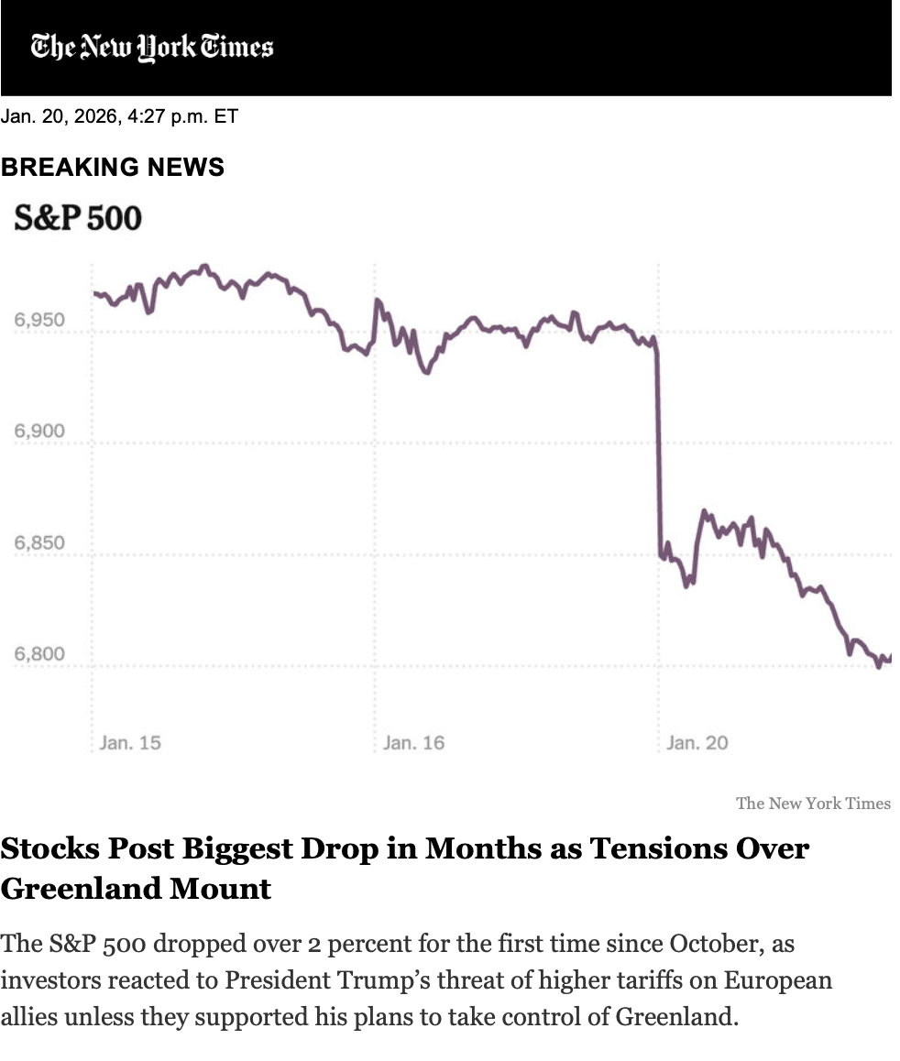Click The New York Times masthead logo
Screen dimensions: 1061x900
(x=152, y=47)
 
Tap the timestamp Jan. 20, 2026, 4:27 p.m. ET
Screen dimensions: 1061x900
(x=119, y=117)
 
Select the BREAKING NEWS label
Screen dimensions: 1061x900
(x=113, y=167)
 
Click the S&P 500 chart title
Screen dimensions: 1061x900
(x=78, y=218)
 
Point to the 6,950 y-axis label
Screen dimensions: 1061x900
(x=39, y=321)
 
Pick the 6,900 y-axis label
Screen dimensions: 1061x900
(x=39, y=432)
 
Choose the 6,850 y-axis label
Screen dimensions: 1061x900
(x=39, y=542)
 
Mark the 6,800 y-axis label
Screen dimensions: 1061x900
(x=39, y=654)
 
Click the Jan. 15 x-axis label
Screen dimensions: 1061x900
(x=130, y=742)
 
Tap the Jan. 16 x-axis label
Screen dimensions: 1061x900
(x=413, y=742)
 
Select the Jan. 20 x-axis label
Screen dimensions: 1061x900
(x=697, y=742)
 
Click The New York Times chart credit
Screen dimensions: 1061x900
(x=813, y=804)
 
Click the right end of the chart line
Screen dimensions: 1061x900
(x=890, y=657)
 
